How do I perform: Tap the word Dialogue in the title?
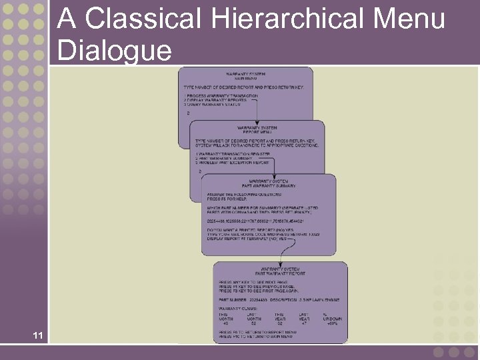click(x=115, y=50)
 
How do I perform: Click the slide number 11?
click(x=38, y=335)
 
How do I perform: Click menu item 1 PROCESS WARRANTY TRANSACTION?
click(x=221, y=96)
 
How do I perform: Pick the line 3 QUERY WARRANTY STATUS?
click(x=211, y=105)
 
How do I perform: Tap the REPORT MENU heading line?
click(x=257, y=132)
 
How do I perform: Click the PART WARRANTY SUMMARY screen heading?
click(x=273, y=185)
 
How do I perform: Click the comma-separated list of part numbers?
click(x=256, y=221)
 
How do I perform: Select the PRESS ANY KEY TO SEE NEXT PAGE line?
click(x=254, y=282)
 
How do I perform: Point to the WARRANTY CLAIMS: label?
click(x=236, y=308)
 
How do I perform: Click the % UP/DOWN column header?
click(x=333, y=317)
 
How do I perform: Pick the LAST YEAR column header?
click(x=303, y=317)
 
